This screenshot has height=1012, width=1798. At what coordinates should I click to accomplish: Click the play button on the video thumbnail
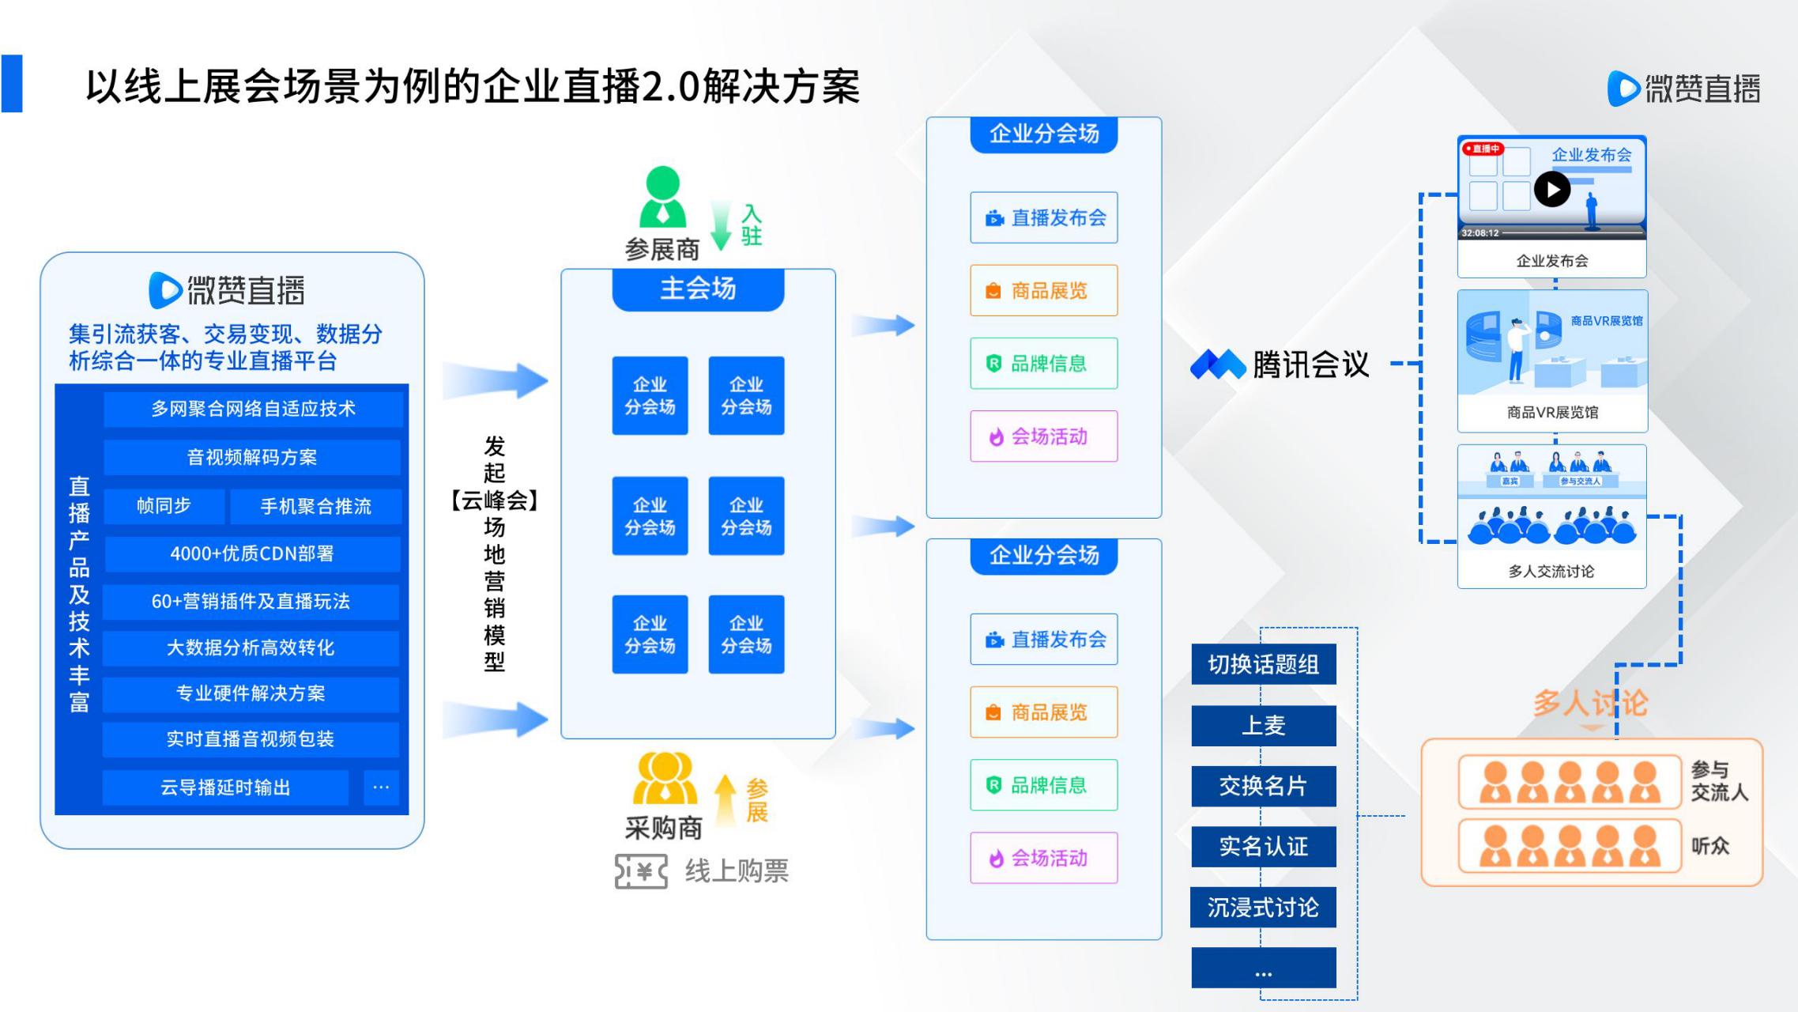(1552, 190)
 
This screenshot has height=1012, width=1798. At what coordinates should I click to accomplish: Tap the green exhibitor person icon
(662, 197)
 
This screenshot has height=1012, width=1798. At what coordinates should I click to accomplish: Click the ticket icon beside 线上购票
(641, 871)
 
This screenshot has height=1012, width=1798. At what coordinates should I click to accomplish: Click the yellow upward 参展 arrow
(726, 799)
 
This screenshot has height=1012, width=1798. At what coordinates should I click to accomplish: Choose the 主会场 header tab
(698, 289)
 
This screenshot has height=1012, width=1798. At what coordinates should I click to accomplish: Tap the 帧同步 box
(164, 506)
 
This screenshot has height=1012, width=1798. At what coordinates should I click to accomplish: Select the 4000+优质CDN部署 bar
(251, 553)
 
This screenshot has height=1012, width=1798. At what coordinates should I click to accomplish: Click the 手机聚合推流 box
(315, 506)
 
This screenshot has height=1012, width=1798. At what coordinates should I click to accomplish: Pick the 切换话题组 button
(1263, 664)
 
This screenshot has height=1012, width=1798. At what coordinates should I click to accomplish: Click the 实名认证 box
(1263, 847)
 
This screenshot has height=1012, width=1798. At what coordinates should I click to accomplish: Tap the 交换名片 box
(1263, 786)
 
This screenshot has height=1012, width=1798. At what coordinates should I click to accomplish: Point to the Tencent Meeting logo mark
(1217, 364)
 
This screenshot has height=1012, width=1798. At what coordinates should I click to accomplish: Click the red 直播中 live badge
(1483, 149)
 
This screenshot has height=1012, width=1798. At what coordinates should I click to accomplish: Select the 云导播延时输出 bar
(225, 787)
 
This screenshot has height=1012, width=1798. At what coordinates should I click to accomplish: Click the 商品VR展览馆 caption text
(1552, 412)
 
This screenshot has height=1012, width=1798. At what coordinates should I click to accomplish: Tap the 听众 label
(1709, 846)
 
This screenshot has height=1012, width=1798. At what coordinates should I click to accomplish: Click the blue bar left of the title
(12, 83)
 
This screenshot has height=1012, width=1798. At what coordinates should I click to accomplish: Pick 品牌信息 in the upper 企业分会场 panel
(1043, 364)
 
